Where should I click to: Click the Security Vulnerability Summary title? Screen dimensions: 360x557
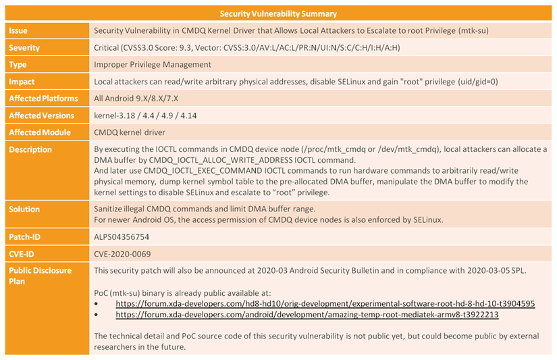click(278, 14)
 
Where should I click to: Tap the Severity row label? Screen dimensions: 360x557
click(24, 48)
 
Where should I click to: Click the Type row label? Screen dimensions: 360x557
click(18, 65)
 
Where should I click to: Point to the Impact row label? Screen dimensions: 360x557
click(22, 82)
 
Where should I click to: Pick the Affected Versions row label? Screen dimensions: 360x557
click(41, 115)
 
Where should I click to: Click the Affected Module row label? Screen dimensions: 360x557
click(39, 132)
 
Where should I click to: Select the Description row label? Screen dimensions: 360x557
click(30, 149)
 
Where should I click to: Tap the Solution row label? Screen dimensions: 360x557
click(25, 209)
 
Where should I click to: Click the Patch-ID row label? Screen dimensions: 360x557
click(26, 237)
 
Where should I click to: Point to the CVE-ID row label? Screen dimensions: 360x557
click(24, 254)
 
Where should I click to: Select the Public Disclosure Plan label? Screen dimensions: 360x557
click(40, 276)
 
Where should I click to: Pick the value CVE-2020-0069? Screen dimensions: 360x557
click(122, 254)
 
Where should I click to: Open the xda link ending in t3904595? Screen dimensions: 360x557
click(325, 303)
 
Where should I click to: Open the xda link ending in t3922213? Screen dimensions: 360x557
click(307, 314)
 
